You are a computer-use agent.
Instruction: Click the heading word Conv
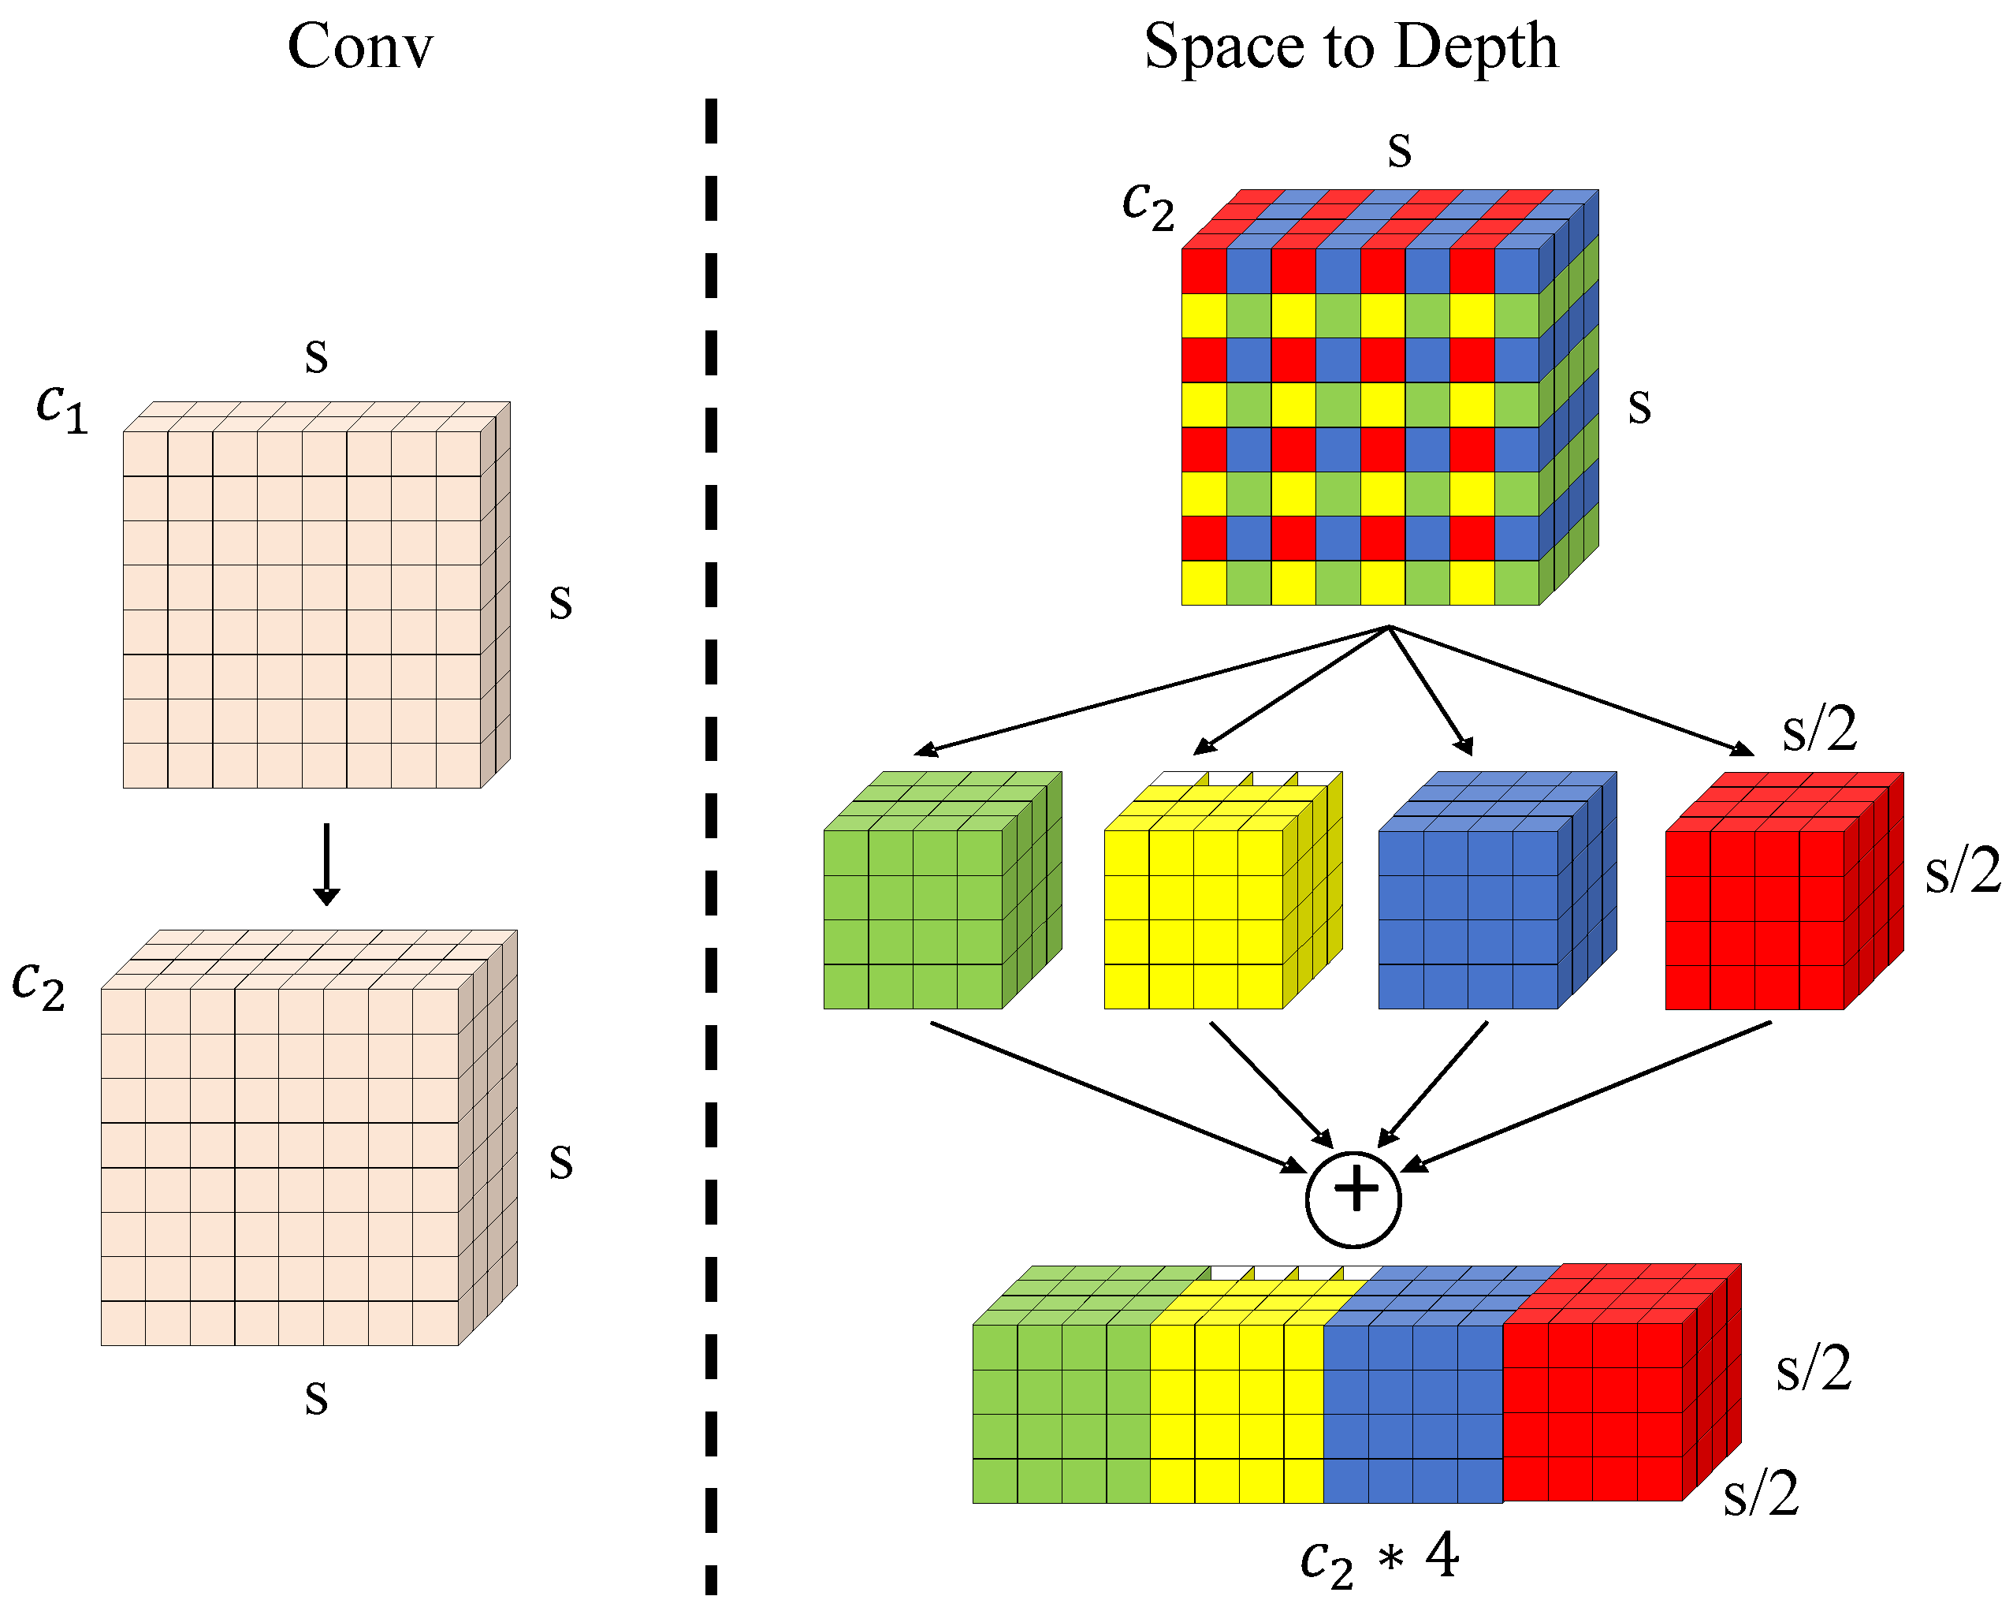coord(360,47)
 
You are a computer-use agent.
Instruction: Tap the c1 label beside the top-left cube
coord(62,408)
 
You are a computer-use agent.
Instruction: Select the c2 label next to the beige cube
coord(39,985)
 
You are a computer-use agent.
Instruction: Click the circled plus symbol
coord(1353,1199)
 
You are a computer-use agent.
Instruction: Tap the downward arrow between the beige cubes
coord(326,864)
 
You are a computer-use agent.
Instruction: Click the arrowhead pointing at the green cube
coord(925,749)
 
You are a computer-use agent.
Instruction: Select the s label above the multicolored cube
coord(1399,149)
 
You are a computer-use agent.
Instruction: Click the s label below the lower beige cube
coord(317,1398)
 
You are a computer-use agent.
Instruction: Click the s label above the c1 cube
coord(317,356)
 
